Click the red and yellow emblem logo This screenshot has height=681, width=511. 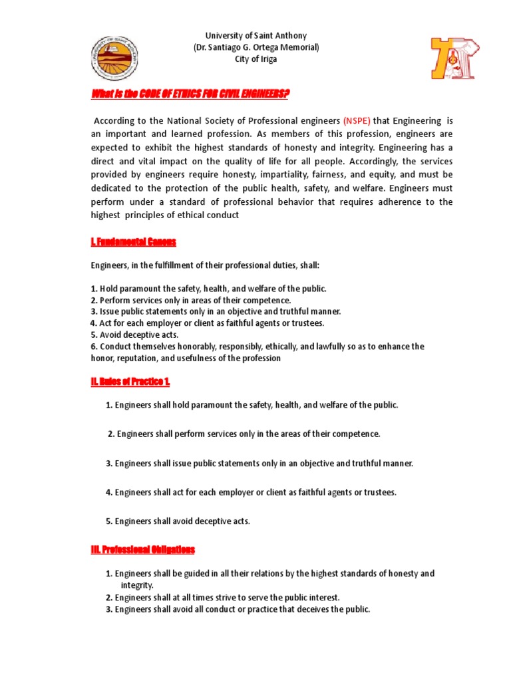point(455,59)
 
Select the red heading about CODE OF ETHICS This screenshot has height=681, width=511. point(190,94)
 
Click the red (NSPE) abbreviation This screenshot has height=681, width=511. point(357,120)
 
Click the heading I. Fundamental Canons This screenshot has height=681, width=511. point(134,241)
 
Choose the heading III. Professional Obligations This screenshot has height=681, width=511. point(143,549)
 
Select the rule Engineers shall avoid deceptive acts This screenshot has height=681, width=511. point(178,521)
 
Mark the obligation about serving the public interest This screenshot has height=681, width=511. point(226,597)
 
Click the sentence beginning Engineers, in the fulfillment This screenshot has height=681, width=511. point(205,265)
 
